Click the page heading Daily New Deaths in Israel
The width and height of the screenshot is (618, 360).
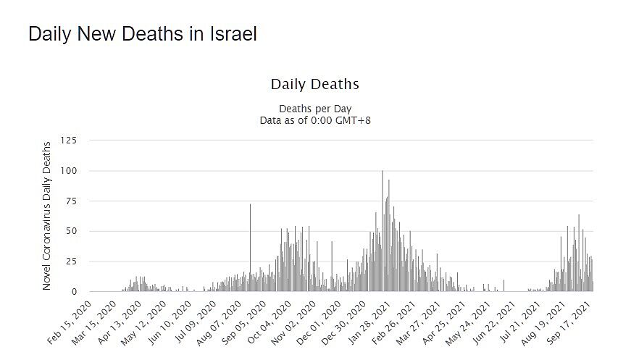click(x=143, y=34)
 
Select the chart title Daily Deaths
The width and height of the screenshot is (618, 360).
click(x=314, y=84)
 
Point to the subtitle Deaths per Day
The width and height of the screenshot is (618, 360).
click(x=315, y=109)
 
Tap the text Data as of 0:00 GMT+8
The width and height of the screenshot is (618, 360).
click(x=315, y=120)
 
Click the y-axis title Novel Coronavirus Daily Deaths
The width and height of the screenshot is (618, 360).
click(x=46, y=215)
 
